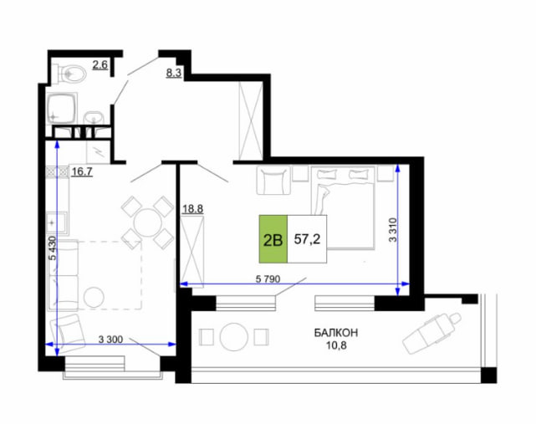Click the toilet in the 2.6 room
71,73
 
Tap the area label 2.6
100,64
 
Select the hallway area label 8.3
173,73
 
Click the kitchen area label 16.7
82,171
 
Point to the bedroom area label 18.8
193,208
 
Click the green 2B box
273,239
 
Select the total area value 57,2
307,239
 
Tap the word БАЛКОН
336,332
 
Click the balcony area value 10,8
336,345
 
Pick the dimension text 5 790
268,279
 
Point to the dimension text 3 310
393,230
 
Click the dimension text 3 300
110,340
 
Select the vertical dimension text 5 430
53,248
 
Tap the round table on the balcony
233,337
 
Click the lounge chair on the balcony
431,334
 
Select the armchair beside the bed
273,180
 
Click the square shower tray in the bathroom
61,109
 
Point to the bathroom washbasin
93,117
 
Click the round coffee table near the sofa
94,297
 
